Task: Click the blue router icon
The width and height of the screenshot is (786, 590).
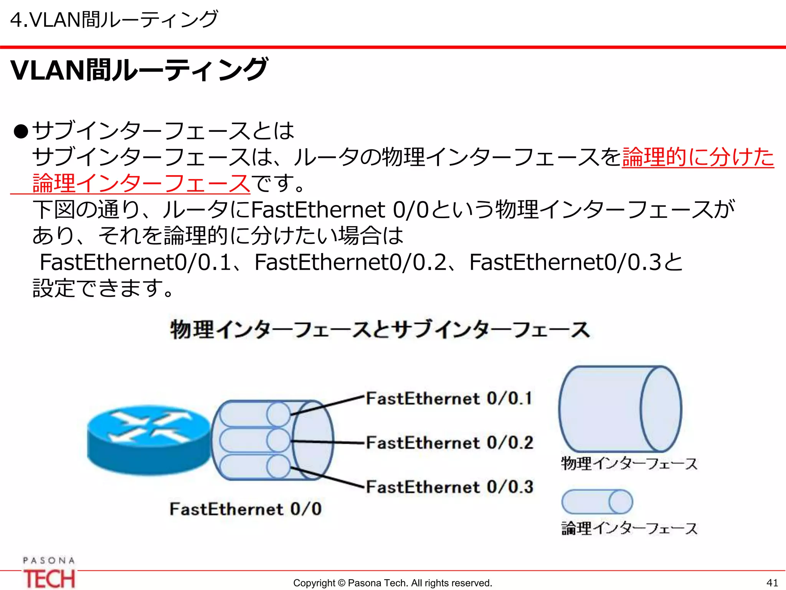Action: [148, 440]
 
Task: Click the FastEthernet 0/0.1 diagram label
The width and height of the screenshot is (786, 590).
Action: [449, 398]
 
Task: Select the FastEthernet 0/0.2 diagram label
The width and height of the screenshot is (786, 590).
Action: [449, 442]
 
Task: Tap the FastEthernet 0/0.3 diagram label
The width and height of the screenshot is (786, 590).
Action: [449, 487]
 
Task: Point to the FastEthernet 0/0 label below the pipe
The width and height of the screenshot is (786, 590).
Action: [246, 509]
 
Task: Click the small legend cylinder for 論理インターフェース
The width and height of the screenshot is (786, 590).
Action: [597, 501]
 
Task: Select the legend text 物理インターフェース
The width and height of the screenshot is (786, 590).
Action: [629, 464]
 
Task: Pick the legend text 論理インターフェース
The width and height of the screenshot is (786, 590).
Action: [629, 529]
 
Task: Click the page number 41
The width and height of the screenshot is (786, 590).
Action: [772, 583]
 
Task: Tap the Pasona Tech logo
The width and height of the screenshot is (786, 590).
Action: [49, 573]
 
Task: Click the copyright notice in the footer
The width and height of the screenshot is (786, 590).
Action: [392, 583]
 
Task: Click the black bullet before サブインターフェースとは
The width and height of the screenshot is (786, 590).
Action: [21, 131]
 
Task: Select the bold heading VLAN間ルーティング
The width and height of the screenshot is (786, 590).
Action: [139, 70]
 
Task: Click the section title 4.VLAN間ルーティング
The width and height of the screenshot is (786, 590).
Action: [114, 20]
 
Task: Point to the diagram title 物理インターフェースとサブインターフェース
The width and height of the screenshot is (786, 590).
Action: [380, 330]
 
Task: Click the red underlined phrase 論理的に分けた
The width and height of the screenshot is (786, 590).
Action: [698, 157]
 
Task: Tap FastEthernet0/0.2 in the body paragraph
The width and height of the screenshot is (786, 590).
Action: [351, 262]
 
